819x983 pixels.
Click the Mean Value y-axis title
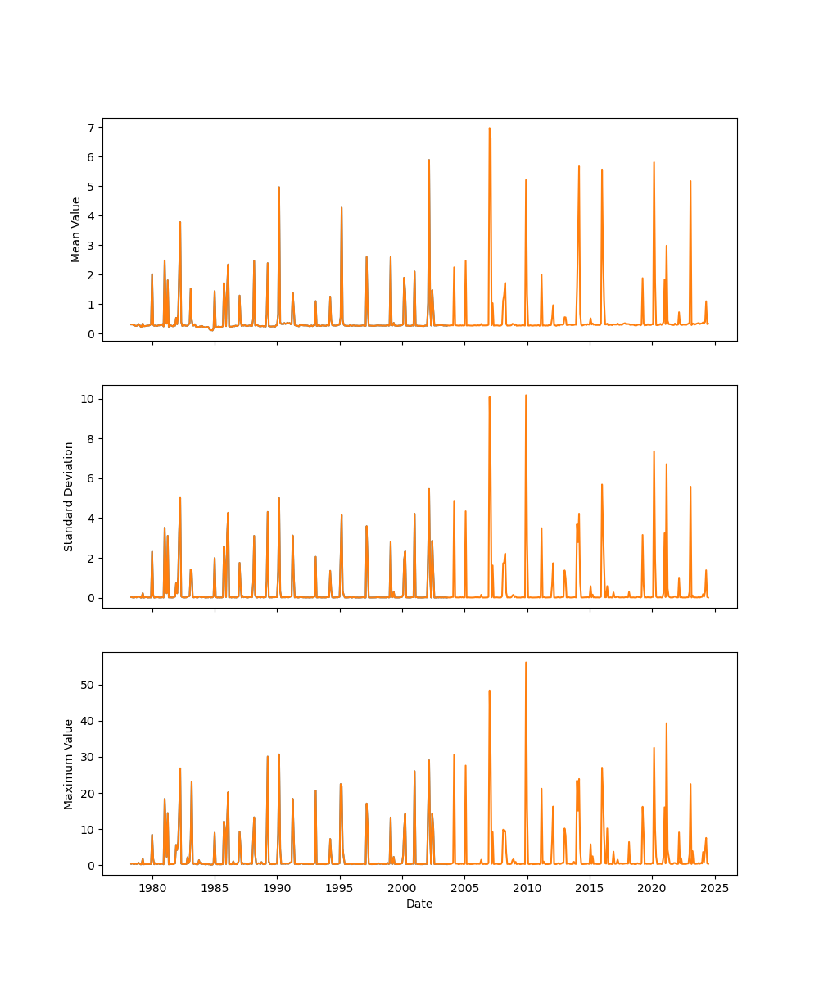(x=76, y=229)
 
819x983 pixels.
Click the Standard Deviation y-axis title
(x=70, y=496)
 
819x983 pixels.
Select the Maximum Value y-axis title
(x=70, y=763)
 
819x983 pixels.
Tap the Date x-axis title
(x=419, y=904)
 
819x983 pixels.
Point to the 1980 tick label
(x=152, y=888)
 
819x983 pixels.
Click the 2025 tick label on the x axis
(x=715, y=888)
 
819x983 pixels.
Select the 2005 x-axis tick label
(x=465, y=888)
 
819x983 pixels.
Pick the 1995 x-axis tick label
(x=340, y=888)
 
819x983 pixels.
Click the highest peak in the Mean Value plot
(x=490, y=129)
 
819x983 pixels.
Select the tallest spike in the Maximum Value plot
(x=526, y=663)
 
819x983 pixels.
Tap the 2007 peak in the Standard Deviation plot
(x=490, y=398)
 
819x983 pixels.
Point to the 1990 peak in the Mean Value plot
(x=278, y=188)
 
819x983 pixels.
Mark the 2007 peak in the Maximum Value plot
(x=490, y=691)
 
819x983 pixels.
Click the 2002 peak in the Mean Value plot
(x=428, y=161)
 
